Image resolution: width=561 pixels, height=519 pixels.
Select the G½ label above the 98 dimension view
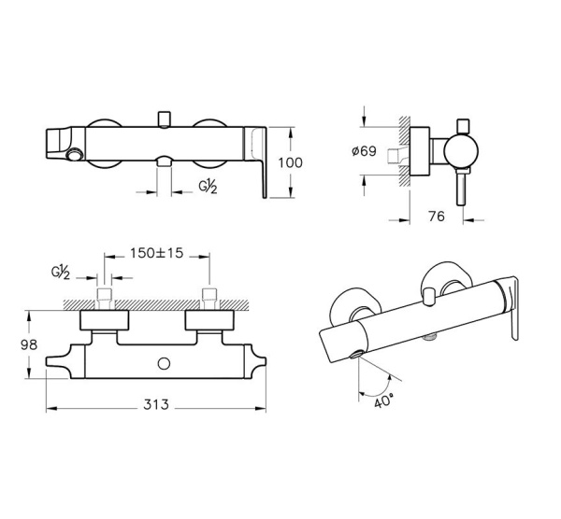point(62,274)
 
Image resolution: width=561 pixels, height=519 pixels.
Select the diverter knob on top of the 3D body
point(428,297)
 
